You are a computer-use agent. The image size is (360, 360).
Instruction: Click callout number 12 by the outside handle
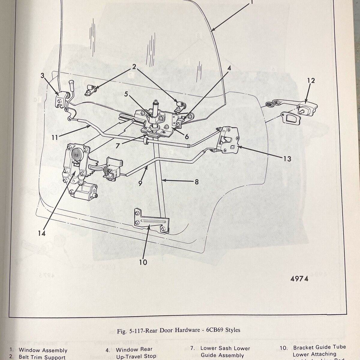311,81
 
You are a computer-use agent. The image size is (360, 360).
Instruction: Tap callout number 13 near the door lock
287,158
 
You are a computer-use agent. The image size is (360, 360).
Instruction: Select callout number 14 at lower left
42,233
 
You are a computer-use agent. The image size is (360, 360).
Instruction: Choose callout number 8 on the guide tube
196,181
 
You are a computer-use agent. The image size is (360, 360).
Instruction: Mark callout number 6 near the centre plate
187,137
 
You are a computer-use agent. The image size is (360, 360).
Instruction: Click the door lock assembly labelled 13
229,140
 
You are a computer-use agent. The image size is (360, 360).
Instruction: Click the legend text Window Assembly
43,350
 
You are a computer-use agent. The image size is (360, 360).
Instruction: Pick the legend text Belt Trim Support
42,357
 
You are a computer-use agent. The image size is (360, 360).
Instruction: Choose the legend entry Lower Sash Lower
225,348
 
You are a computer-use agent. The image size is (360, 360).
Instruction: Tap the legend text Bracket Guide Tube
319,347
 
